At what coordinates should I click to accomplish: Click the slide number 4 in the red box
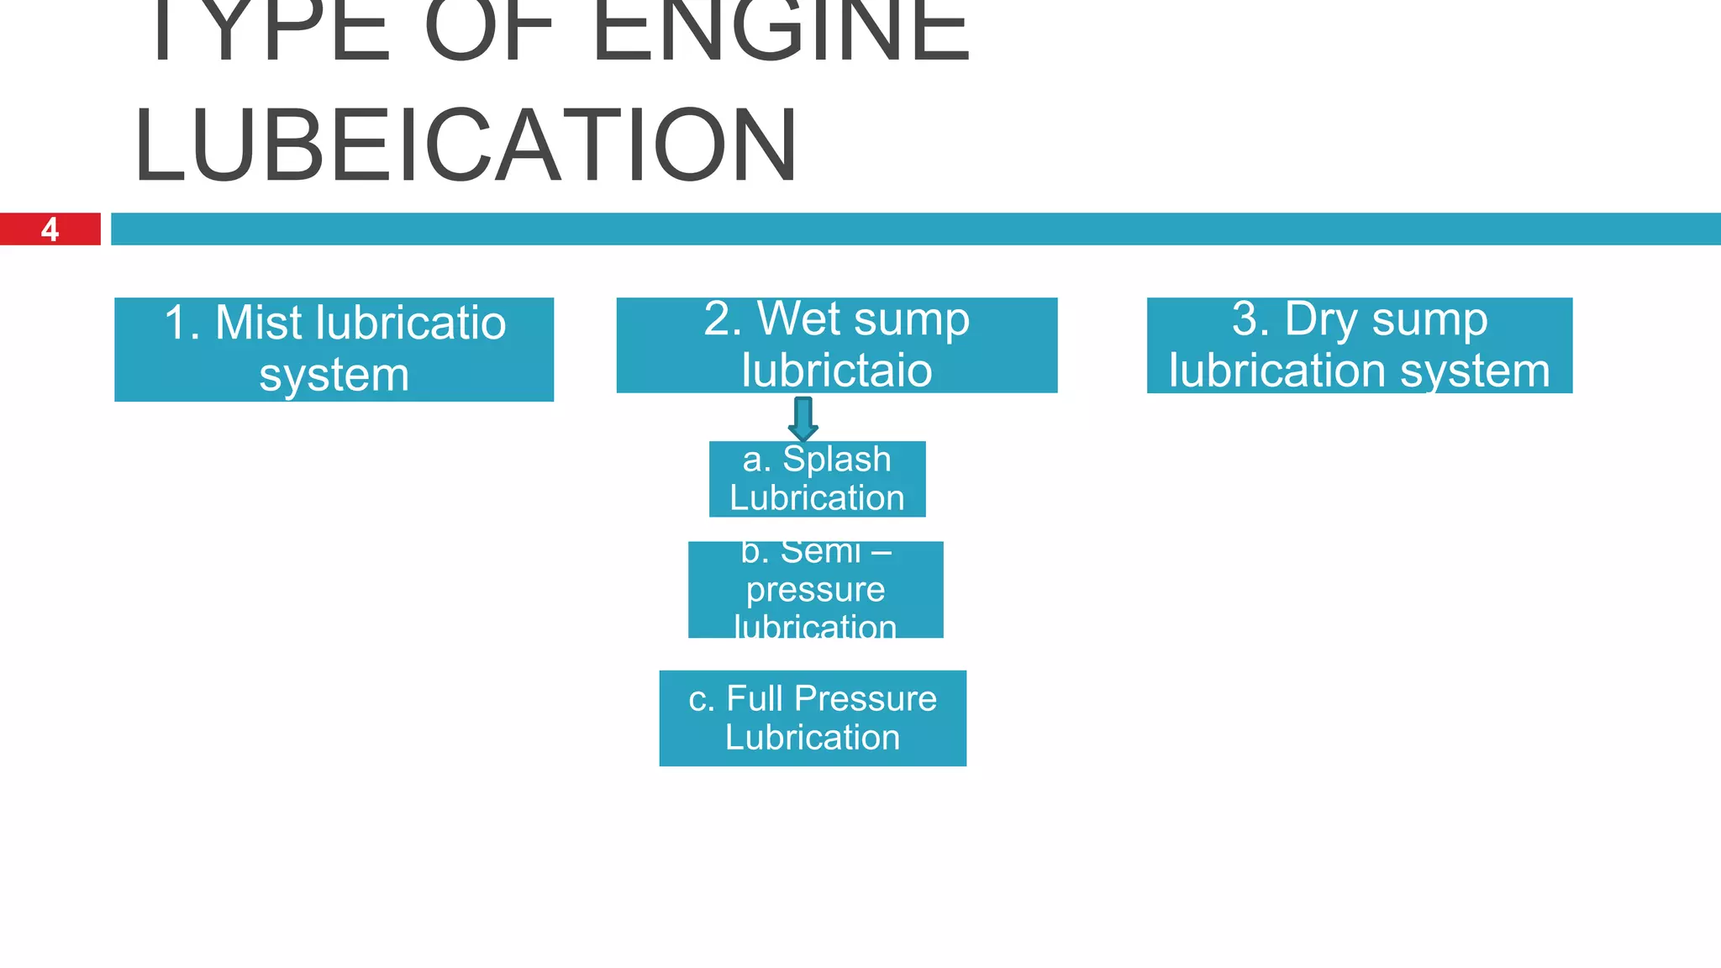[x=50, y=229]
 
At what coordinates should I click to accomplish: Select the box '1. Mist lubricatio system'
[x=334, y=349]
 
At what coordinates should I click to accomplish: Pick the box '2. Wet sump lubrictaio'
[x=836, y=345]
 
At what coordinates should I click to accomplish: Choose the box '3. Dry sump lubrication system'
[x=1359, y=345]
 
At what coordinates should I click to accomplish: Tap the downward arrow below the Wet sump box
[x=803, y=418]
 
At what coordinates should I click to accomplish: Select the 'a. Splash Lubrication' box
[x=817, y=479]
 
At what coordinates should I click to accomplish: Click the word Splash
[x=837, y=460]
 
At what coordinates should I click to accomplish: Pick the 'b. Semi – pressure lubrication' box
[x=815, y=589]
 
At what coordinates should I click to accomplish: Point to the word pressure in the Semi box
[x=815, y=589]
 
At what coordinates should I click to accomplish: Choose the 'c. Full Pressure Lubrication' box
[x=813, y=718]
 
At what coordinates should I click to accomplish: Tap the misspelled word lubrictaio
[x=836, y=371]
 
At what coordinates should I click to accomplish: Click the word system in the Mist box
[x=334, y=375]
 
